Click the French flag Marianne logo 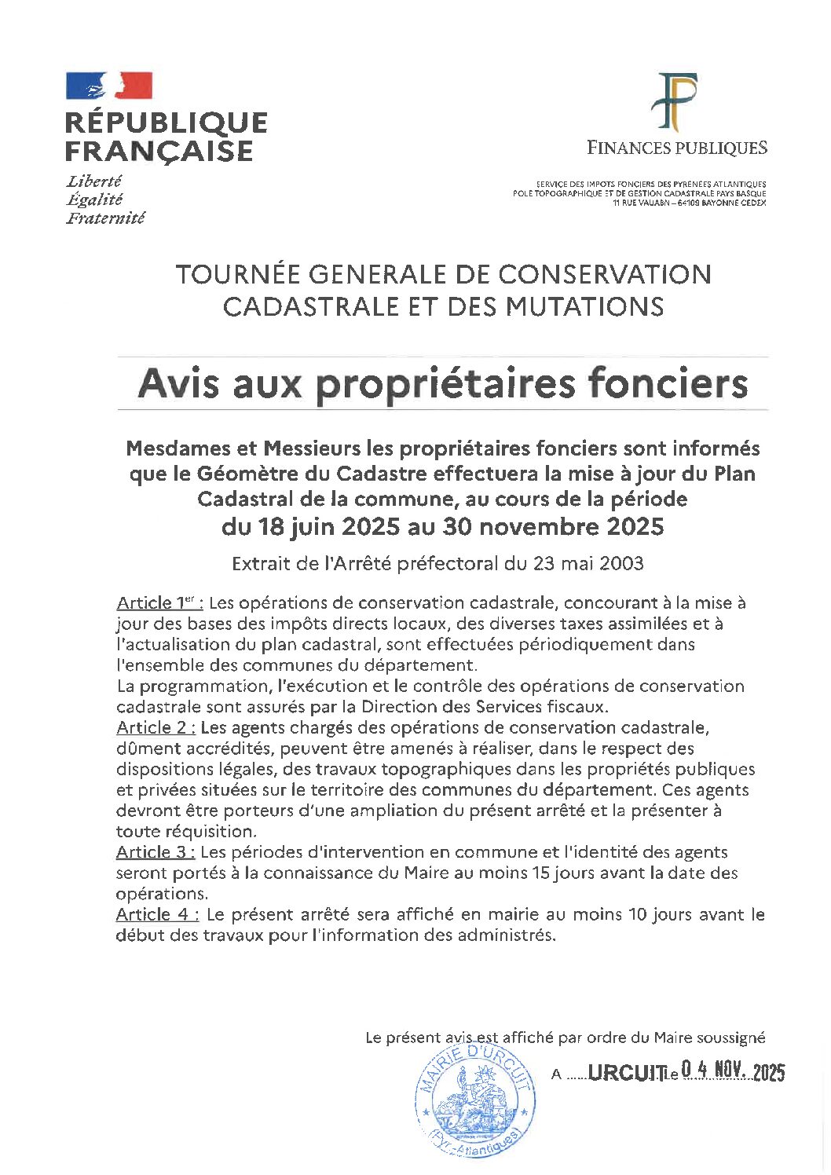[109, 86]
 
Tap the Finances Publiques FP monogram [676, 102]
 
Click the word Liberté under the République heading [94, 181]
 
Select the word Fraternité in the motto [106, 218]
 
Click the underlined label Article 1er [160, 603]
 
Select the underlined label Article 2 [156, 727]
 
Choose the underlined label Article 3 [156, 852]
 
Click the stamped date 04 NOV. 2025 [733, 1071]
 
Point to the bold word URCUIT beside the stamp [624, 1073]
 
